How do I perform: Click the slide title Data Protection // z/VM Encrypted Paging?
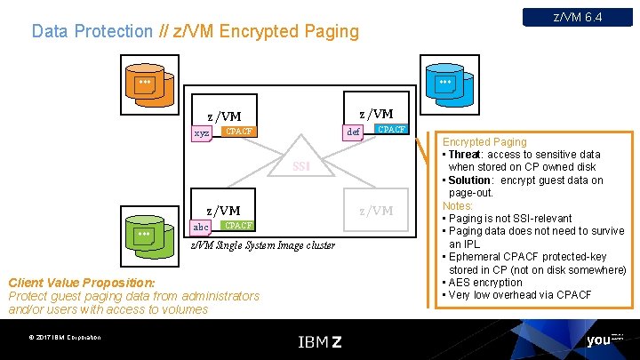click(x=196, y=31)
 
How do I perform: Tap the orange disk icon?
click(x=146, y=86)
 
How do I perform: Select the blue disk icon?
click(x=447, y=86)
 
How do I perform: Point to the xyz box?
click(x=203, y=132)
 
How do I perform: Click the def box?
click(x=353, y=131)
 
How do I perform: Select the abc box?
click(x=201, y=227)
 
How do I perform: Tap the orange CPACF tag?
click(x=237, y=132)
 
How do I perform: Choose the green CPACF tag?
click(x=237, y=226)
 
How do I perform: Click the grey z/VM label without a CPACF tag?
click(x=375, y=210)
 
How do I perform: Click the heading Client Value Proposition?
click(x=81, y=283)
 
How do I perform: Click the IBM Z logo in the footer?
click(x=319, y=340)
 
